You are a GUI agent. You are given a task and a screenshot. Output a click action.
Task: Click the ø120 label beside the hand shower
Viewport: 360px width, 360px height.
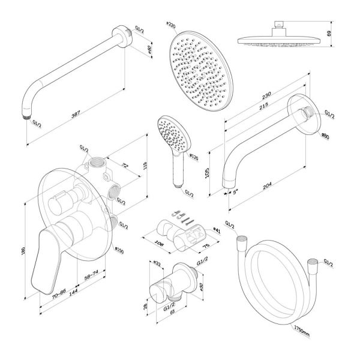pos(193,157)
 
